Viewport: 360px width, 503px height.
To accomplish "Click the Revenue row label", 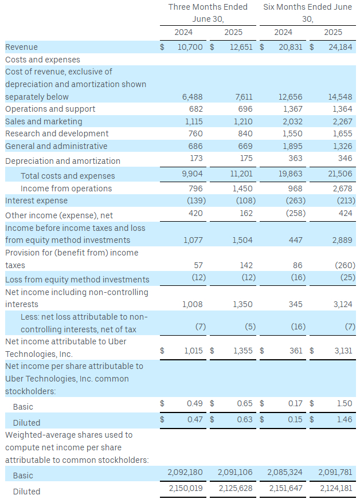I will tap(21, 47).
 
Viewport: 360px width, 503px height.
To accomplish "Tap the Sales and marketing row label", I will tap(44, 121).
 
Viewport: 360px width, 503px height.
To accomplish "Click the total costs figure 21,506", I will tap(341, 176).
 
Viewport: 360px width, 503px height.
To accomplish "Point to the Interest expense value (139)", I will tap(193, 201).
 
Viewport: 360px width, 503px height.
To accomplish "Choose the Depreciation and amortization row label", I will tap(62, 161).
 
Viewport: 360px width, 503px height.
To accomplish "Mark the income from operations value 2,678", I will tap(343, 188).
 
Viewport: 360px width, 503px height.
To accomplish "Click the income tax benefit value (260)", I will tap(345, 265).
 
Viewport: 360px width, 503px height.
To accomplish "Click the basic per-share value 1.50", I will tap(345, 403).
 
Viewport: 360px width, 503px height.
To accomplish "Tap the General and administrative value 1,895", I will tap(293, 146).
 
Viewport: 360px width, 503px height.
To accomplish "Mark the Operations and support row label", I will tap(50, 109).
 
